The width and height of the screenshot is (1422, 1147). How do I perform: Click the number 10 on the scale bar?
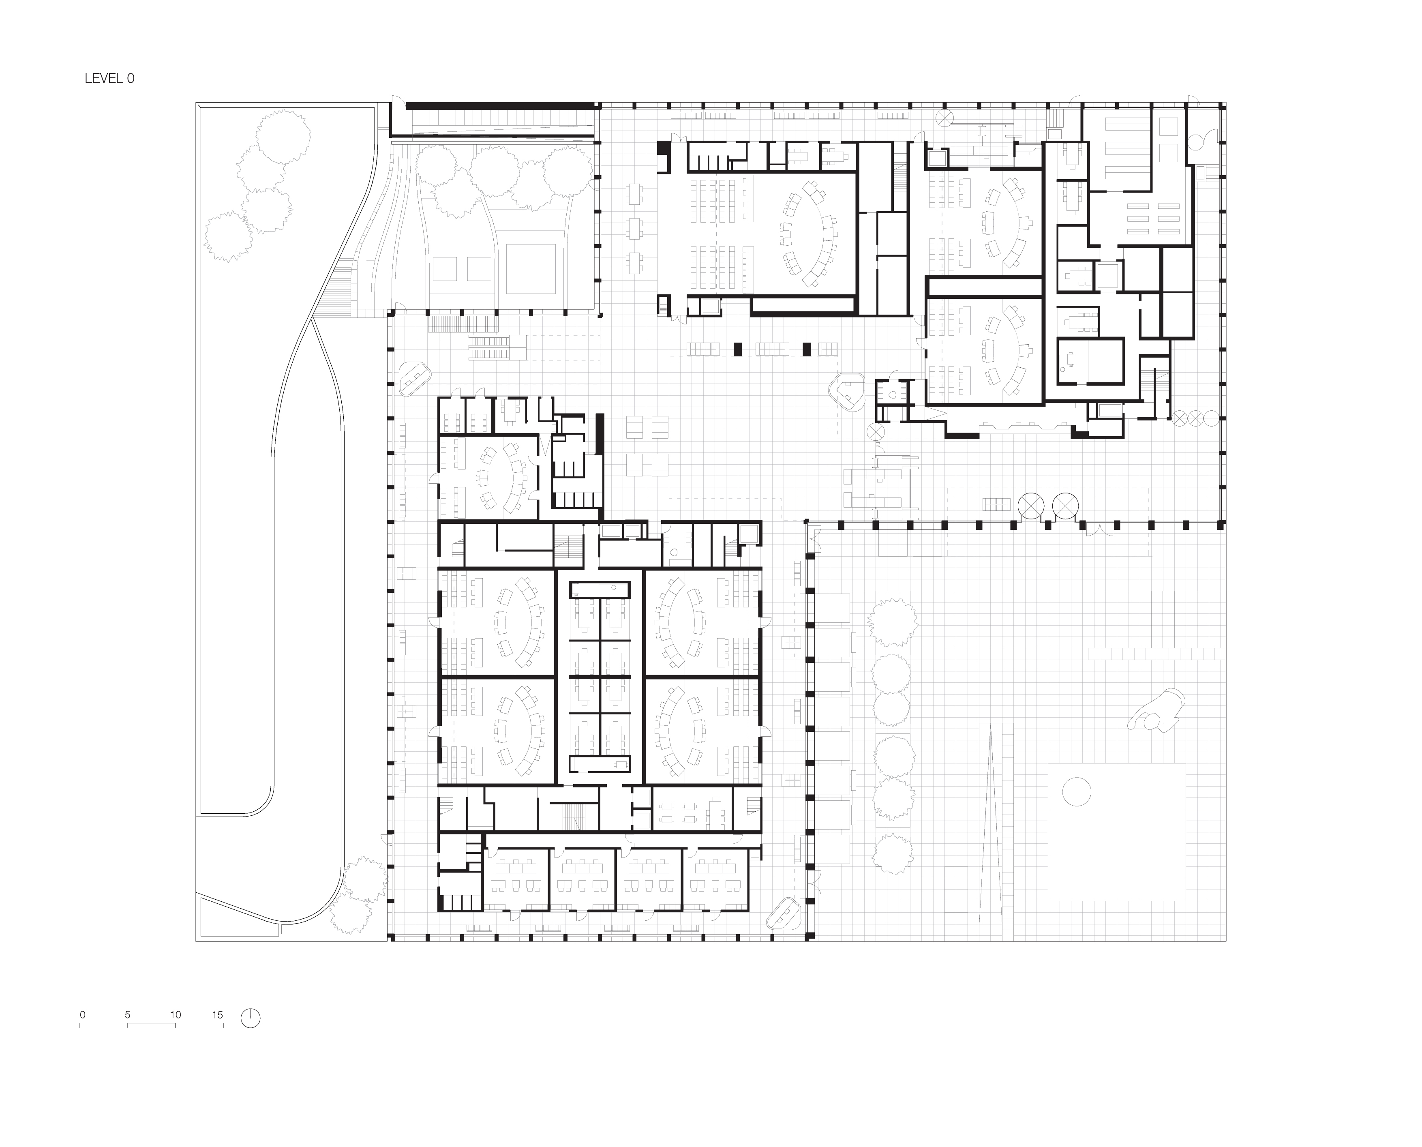coord(175,1015)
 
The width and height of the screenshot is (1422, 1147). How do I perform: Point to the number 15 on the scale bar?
coord(218,1015)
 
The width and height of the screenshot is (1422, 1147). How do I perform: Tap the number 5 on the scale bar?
coord(127,1015)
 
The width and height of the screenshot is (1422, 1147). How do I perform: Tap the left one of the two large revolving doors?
coord(1031,507)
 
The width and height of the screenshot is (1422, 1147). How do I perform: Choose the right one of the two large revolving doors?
coord(1065,507)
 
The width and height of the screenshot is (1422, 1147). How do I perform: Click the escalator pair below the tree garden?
coord(489,347)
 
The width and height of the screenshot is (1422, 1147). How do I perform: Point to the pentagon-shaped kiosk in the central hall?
coord(847,391)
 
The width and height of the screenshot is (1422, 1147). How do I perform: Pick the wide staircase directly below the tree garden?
coord(463,324)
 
